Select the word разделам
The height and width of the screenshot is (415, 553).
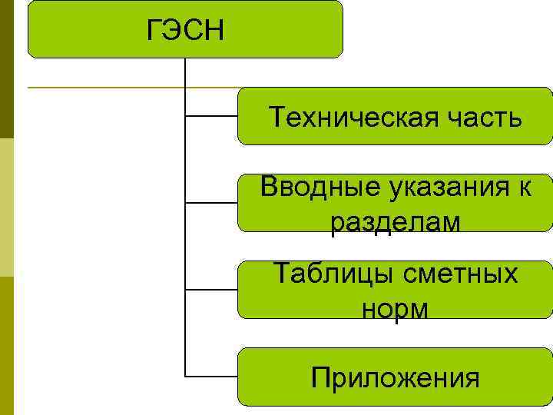click(396, 222)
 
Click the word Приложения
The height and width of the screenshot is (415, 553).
click(396, 378)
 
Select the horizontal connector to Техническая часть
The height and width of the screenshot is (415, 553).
click(212, 117)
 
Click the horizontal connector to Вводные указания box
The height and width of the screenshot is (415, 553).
click(212, 204)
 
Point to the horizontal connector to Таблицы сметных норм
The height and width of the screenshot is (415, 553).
click(212, 290)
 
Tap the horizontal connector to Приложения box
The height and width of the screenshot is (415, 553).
click(212, 377)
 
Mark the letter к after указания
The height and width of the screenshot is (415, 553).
click(525, 187)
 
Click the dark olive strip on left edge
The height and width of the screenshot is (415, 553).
click(6, 69)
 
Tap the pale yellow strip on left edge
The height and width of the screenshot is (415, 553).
click(6, 207)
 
